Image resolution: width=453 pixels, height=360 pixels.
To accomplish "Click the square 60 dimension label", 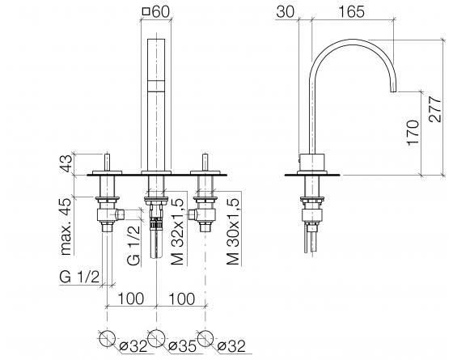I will pyautogui.click(x=155, y=12).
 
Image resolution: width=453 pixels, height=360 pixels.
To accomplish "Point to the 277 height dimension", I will pyautogui.click(x=435, y=105).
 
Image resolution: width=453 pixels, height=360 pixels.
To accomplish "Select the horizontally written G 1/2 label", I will pyautogui.click(x=81, y=277).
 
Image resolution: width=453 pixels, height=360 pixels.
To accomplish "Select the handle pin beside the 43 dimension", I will pyautogui.click(x=108, y=159).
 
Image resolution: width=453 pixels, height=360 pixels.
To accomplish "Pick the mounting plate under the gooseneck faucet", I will pyautogui.click(x=313, y=175).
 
